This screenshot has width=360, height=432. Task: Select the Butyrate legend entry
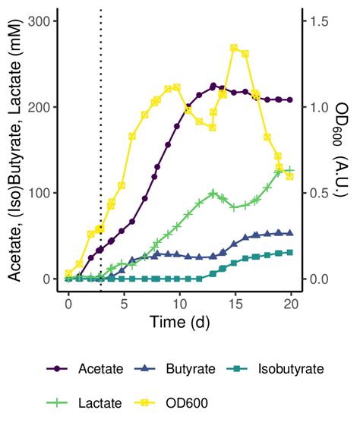point(175,369)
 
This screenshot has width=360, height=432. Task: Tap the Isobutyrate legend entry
point(271,369)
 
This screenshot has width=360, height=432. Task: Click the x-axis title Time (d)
point(179,323)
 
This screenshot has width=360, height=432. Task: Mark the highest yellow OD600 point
point(234,48)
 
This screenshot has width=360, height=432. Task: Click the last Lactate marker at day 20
point(289,170)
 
